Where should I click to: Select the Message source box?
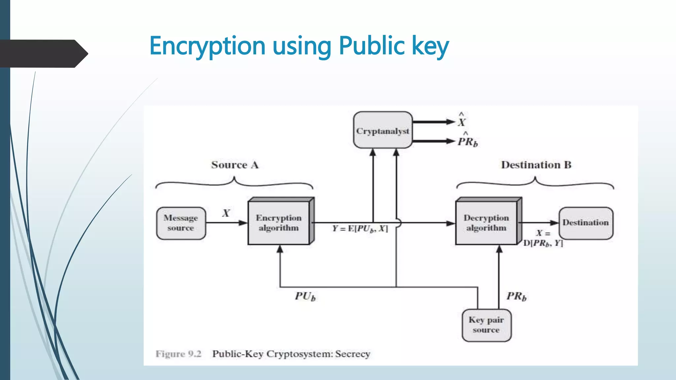181,223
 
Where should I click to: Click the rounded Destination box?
586,223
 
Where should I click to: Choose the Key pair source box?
486,325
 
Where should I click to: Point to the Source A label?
235,165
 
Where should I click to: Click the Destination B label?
536,165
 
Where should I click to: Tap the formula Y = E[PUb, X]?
360,229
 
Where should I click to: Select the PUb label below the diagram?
305,296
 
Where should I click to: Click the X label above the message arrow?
226,213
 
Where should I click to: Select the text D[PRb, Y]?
543,243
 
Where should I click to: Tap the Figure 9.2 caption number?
195,354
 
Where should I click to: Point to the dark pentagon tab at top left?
43,53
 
